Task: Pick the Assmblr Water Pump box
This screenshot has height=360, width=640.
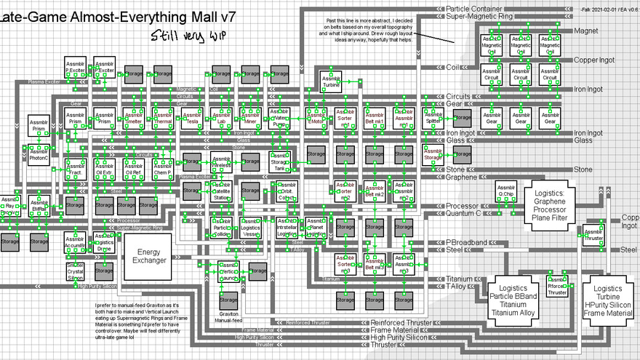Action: (x=280, y=119)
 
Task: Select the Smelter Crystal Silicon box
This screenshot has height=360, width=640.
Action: (x=76, y=271)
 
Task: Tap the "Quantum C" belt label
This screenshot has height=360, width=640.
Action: (x=463, y=214)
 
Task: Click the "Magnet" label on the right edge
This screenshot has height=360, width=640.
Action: (x=586, y=31)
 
